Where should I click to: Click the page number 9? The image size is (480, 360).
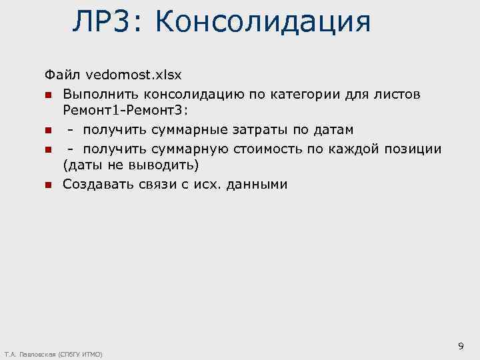tap(461, 345)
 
